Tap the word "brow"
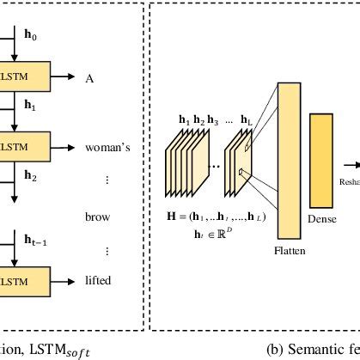point(97,218)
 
